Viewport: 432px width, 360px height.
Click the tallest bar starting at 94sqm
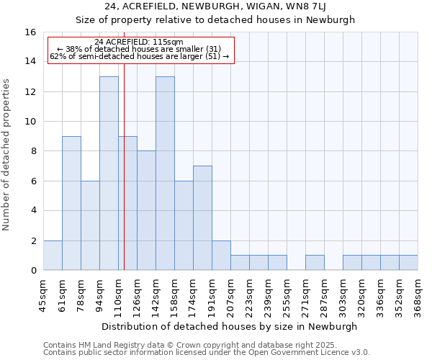(109, 174)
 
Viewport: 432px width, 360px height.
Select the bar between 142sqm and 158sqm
(165, 174)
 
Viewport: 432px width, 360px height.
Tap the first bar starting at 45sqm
(53, 256)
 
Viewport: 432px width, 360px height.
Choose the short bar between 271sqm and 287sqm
(315, 263)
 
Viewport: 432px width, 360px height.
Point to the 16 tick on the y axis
(31, 32)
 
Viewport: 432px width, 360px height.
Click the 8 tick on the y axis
(33, 151)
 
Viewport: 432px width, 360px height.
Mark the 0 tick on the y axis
(33, 271)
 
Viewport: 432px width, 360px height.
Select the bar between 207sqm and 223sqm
(240, 263)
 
